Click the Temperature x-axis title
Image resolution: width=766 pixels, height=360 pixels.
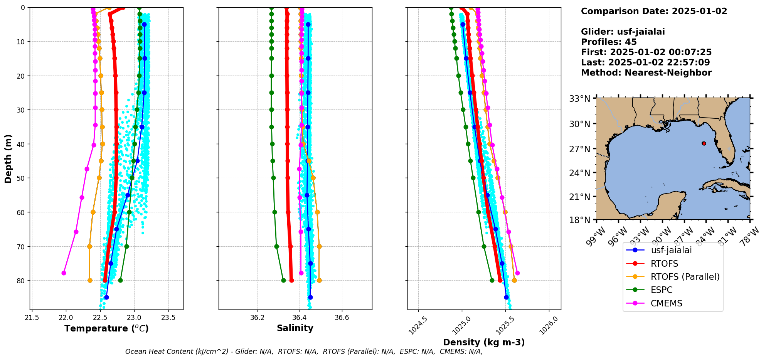pos(106,328)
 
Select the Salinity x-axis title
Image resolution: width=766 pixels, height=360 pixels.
pos(295,328)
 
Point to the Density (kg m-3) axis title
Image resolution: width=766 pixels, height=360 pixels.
pos(484,342)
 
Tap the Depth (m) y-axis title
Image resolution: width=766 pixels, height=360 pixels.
pos(8,159)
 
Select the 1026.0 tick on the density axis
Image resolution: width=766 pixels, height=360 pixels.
pos(549,326)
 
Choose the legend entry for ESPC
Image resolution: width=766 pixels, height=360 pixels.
pos(661,290)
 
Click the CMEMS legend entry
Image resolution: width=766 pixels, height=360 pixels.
pos(666,303)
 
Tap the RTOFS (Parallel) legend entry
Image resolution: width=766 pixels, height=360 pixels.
pos(685,277)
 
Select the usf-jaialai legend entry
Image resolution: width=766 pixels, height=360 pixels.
pos(671,250)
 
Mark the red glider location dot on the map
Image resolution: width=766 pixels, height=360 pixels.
pos(704,143)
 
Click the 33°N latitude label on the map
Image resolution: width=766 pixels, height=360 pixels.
pos(580,99)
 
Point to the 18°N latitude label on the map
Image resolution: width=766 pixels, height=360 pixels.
pos(580,220)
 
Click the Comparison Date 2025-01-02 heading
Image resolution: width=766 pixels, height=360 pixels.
pos(654,11)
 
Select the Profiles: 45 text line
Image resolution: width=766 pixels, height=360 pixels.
pos(609,42)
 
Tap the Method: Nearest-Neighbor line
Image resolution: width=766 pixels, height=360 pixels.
pos(646,72)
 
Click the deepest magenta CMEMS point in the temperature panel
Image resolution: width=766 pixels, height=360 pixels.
pos(64,273)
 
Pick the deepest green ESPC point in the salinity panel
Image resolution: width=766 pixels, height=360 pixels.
pos(283,280)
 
